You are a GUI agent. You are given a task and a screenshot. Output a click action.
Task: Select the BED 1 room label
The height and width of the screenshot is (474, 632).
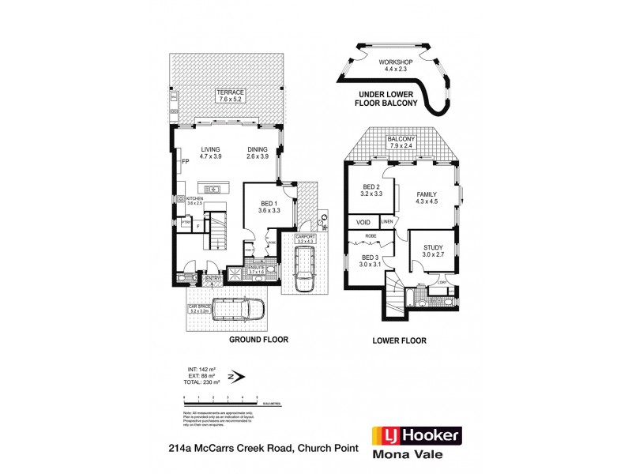[x=270, y=203]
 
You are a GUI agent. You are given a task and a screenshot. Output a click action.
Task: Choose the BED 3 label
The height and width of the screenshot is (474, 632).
[x=371, y=258]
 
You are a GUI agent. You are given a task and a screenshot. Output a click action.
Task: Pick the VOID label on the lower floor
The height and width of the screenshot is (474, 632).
[x=364, y=223]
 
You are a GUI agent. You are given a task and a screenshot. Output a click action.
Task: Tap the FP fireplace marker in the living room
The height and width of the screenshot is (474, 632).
[x=185, y=162]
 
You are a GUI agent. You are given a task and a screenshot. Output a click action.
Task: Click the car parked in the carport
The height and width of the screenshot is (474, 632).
[x=303, y=269]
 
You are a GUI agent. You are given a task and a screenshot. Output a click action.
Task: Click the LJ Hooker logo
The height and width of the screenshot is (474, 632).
[x=416, y=435]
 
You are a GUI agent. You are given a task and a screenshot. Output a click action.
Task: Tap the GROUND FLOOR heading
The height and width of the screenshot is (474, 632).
[x=258, y=340]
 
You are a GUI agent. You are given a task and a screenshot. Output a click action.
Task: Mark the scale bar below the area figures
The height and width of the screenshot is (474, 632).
[x=220, y=401]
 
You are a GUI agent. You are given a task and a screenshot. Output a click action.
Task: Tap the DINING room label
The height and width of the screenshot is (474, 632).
[x=258, y=150]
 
